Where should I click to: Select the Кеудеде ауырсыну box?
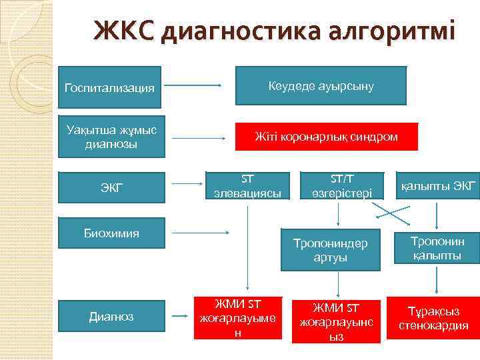(321, 86)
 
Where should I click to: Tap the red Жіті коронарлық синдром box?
(326, 137)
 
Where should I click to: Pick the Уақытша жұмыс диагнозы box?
(111, 137)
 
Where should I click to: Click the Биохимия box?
(111, 233)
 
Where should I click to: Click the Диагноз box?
(111, 317)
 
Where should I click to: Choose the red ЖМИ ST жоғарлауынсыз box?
(338, 319)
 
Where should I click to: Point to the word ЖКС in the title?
(124, 30)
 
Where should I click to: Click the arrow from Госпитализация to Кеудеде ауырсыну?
(193, 85)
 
